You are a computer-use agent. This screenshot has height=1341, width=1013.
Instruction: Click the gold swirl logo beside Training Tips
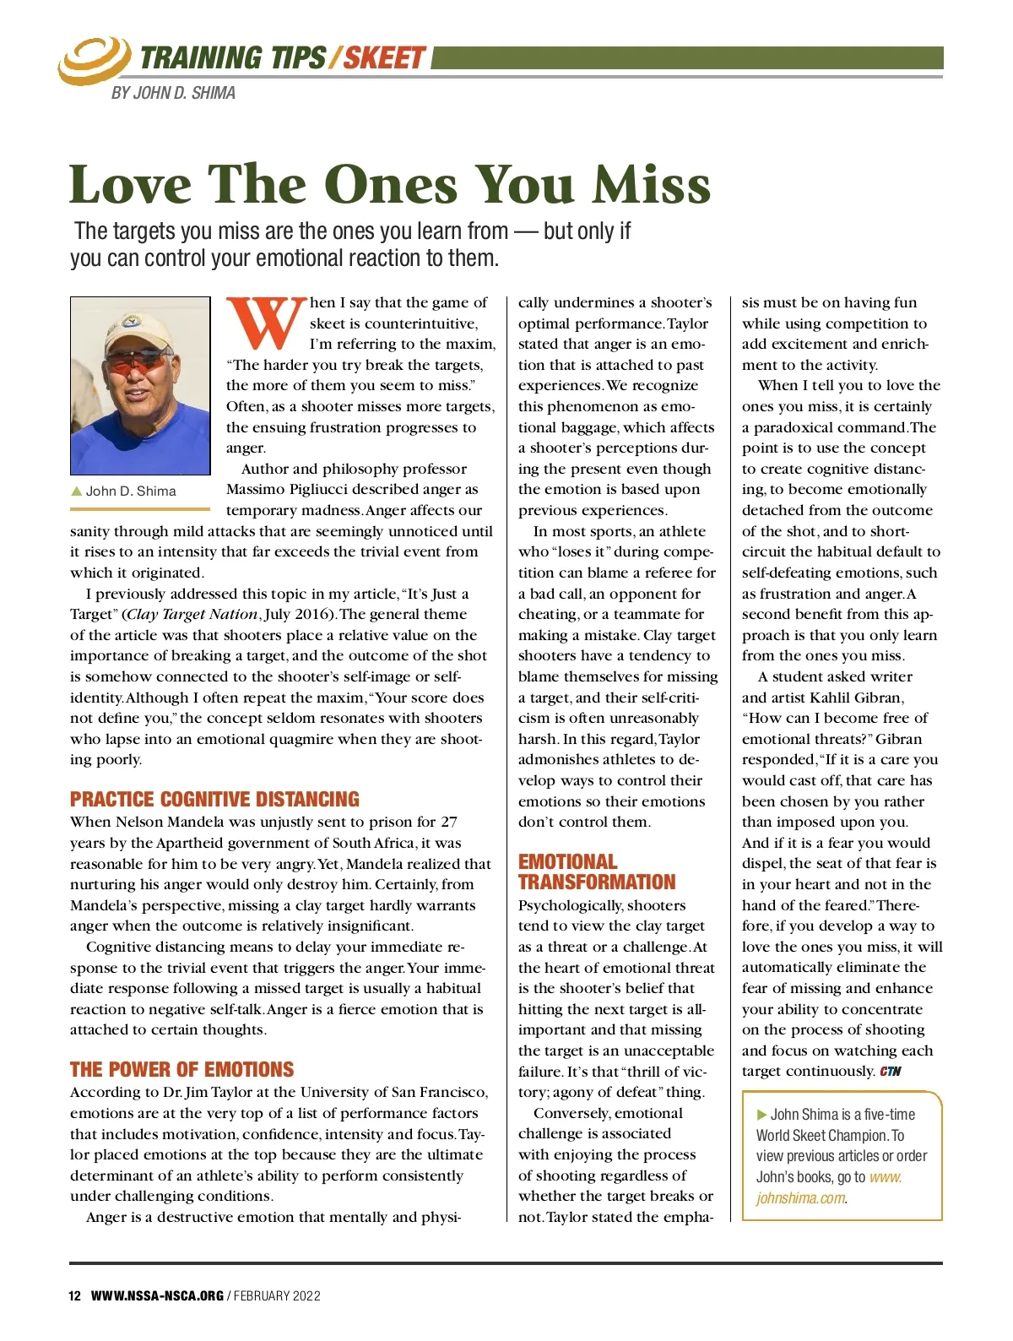point(92,59)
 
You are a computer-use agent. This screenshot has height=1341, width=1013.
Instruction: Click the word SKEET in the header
point(384,58)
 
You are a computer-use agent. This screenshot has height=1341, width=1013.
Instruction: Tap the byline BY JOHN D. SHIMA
point(173,93)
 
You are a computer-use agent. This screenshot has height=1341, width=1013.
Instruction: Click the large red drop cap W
point(266,323)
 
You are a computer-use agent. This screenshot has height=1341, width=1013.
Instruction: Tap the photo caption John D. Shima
point(130,491)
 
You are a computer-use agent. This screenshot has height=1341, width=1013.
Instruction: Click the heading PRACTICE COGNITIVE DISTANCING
point(214,800)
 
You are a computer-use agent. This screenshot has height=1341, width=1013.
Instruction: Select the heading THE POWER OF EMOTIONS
point(181,1070)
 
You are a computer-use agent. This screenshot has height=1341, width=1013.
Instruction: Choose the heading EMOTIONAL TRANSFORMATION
point(597,872)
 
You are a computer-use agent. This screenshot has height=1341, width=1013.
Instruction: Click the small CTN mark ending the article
point(891,1072)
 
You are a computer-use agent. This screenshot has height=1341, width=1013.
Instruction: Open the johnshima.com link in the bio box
point(829,1188)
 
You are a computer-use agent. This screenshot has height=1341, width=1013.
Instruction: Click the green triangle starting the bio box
point(762,1115)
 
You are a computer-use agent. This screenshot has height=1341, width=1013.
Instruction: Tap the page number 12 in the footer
point(75,1295)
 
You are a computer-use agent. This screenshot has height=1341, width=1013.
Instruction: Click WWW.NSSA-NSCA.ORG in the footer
point(157,1295)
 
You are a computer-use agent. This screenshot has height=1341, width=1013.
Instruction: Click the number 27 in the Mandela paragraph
point(449,822)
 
